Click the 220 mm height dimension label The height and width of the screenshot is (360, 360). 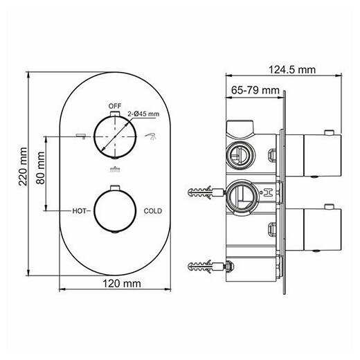tap(23, 166)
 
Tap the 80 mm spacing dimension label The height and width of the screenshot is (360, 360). tap(41, 168)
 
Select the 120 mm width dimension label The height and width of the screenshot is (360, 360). tap(122, 284)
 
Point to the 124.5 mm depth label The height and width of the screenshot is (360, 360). tap(292, 69)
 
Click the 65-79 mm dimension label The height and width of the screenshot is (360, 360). tap(255, 90)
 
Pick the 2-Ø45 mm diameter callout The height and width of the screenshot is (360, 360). tap(143, 114)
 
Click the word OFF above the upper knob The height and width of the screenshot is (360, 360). tap(115, 106)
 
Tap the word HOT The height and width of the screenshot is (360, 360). tap(79, 211)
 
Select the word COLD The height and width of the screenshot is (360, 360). tap(153, 211)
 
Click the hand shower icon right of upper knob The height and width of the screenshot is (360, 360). tap(150, 136)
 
